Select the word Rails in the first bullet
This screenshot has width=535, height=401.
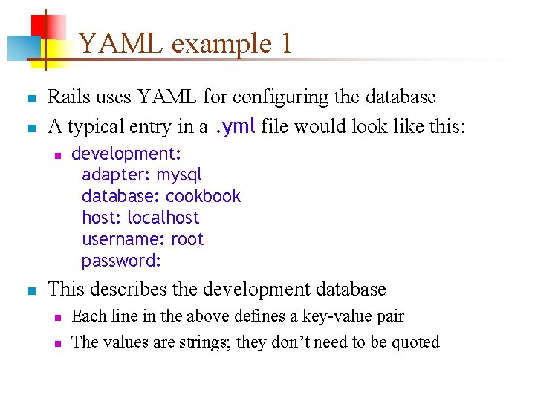tap(66, 97)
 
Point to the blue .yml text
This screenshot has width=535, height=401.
tap(235, 127)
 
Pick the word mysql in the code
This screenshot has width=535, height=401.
tap(179, 175)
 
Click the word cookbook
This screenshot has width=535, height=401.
tap(204, 197)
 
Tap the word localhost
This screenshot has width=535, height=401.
tap(163, 218)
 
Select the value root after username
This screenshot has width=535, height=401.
tap(187, 240)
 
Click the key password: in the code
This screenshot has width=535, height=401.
tap(122, 261)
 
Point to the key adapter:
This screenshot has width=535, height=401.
tap(116, 175)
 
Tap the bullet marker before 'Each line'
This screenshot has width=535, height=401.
tap(56, 318)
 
